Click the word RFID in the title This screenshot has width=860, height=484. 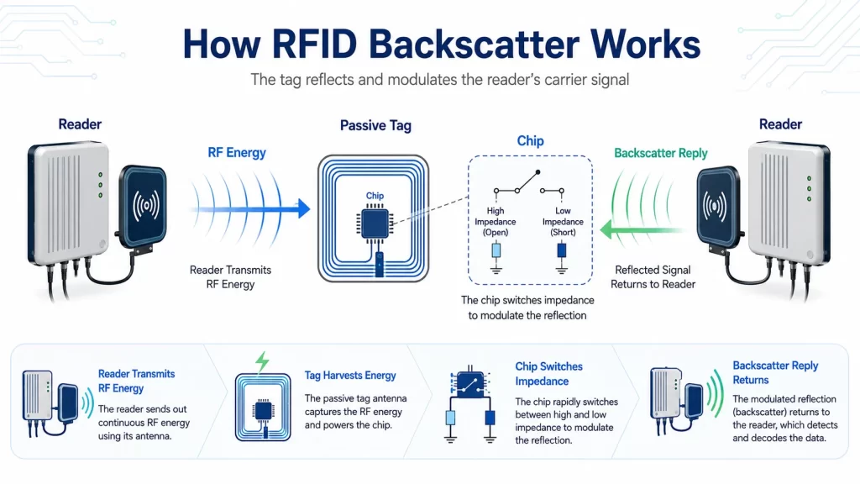point(314,45)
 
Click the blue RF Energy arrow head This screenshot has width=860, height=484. point(303,208)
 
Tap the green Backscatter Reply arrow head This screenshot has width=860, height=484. point(606,230)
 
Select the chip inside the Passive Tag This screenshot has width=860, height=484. point(375,224)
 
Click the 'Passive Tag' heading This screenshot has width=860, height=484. point(375,126)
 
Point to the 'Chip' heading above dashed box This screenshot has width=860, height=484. point(531,141)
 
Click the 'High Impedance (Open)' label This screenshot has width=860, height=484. point(496,222)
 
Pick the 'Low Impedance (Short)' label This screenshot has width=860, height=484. point(563,222)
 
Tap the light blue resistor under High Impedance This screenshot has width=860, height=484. point(496,250)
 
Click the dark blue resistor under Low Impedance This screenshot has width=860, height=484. point(562,250)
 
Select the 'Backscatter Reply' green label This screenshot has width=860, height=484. point(661,153)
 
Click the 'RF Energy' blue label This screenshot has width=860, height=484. point(237,153)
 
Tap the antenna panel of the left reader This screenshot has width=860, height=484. point(143,206)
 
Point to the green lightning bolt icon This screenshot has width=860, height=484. point(263,361)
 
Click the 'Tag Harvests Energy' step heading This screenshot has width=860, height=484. point(350,376)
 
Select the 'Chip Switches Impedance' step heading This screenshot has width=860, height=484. point(549,374)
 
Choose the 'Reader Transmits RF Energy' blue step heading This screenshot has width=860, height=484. point(137,381)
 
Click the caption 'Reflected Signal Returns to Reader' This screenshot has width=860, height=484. point(653,277)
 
